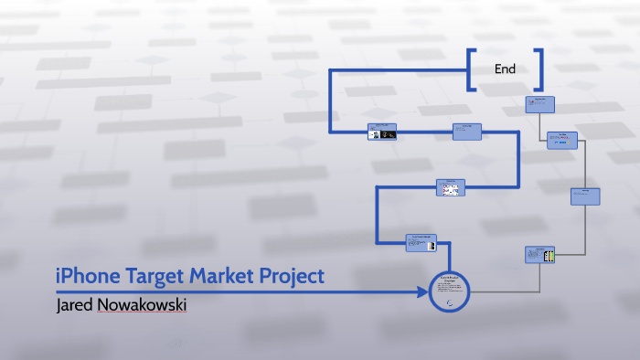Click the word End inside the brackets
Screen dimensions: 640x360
[x=505, y=69]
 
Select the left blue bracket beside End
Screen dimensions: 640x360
[x=471, y=69]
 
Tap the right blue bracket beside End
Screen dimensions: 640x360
[x=539, y=69]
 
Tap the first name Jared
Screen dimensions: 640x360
[x=74, y=303]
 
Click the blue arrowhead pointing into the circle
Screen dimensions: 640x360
[x=422, y=292]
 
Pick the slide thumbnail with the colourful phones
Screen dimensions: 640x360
[x=540, y=256]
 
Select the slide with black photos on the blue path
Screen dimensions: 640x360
[x=382, y=132]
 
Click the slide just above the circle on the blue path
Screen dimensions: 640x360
[x=421, y=242]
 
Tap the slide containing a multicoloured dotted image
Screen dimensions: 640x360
[x=450, y=187]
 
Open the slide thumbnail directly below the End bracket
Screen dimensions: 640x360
[x=540, y=103]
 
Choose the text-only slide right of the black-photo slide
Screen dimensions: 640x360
[x=467, y=132]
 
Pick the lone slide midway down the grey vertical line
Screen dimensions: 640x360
[x=585, y=196]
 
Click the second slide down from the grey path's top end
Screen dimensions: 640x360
[x=562, y=140]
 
